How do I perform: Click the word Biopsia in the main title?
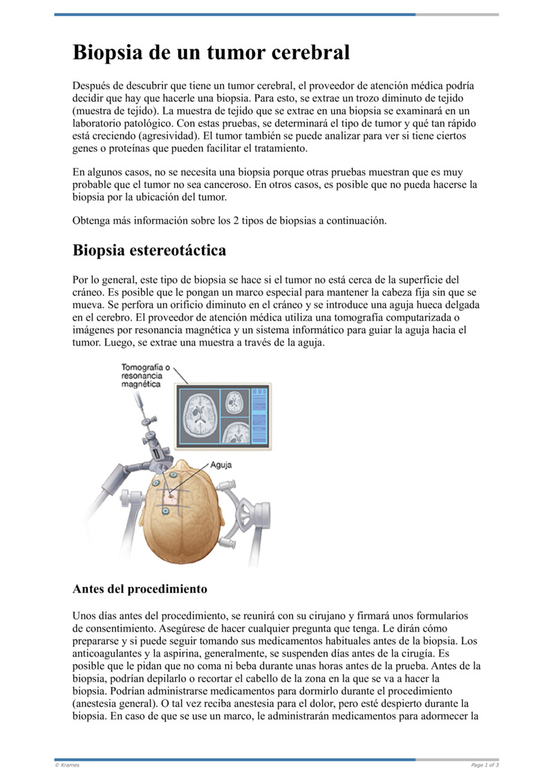click(x=113, y=52)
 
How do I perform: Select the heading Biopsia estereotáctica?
click(x=149, y=250)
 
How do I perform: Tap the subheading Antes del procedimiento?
click(x=140, y=590)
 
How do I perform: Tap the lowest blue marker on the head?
click(x=166, y=511)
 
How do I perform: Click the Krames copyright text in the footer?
click(x=67, y=765)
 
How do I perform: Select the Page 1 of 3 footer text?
click(x=485, y=765)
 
